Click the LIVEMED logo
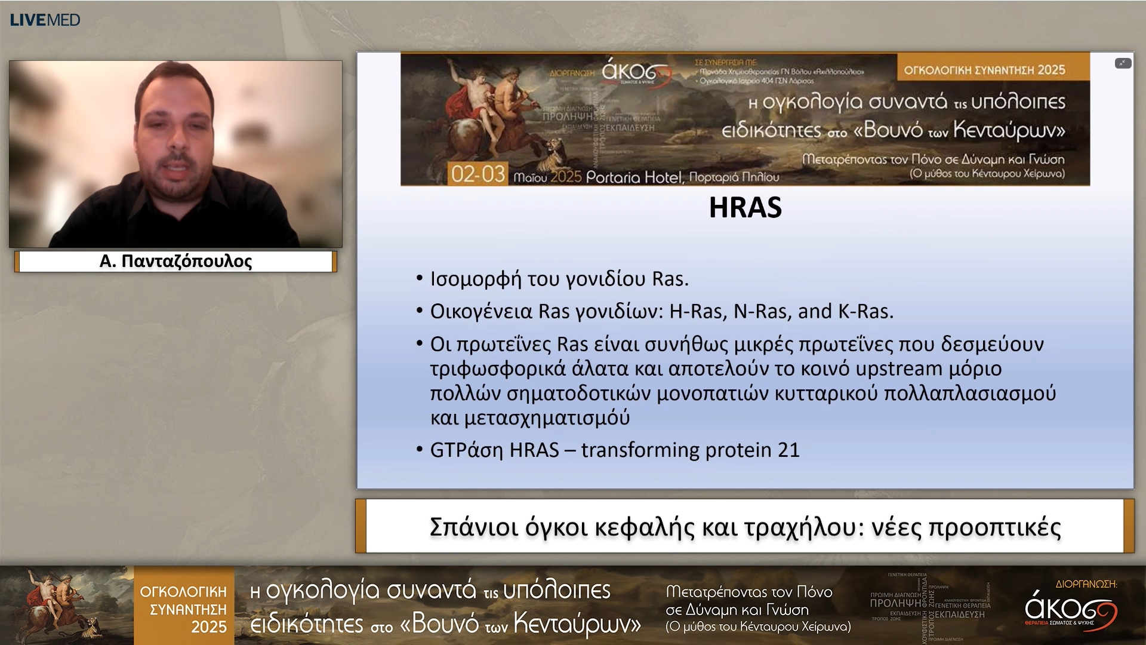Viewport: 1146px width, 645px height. point(45,20)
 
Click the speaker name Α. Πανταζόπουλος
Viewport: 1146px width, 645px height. point(175,261)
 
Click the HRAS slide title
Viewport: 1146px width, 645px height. point(745,207)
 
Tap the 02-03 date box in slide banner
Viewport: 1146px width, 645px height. point(478,174)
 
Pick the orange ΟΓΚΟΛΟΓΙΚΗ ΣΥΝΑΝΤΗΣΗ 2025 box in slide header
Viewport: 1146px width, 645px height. point(984,70)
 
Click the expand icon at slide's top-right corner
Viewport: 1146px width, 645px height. point(1123,63)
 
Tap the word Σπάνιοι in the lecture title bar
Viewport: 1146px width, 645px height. point(474,527)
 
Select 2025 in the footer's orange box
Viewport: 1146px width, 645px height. point(208,627)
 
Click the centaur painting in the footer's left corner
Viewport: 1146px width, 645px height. point(66,604)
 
